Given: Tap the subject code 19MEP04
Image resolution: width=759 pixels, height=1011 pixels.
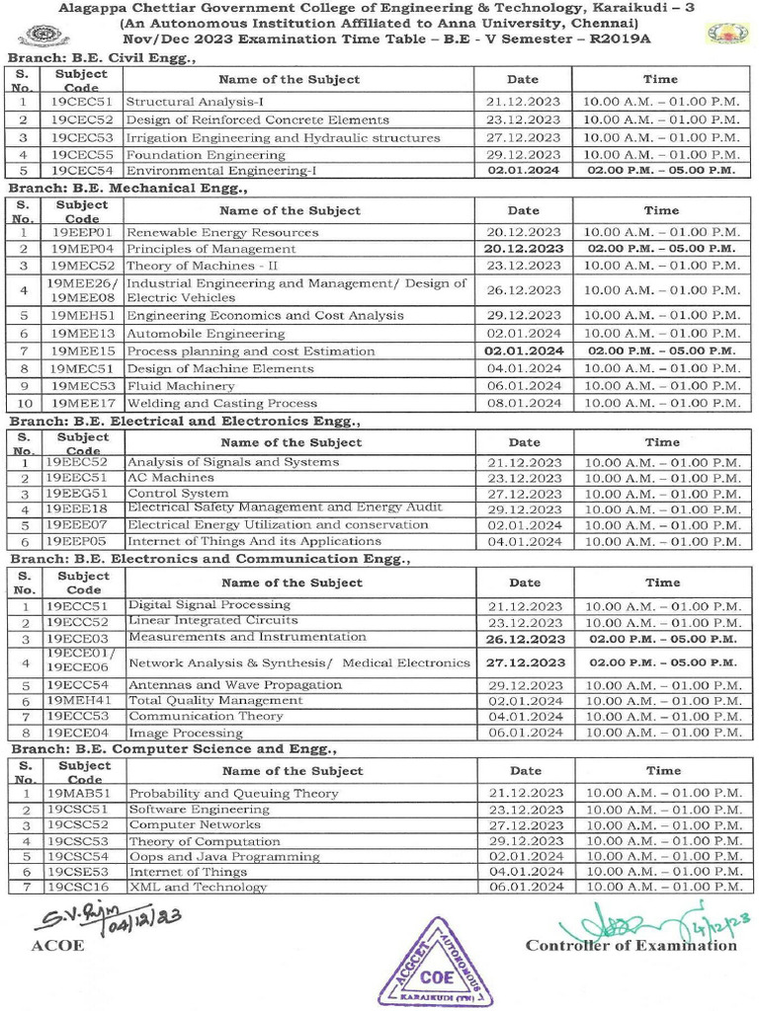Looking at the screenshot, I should tap(82, 249).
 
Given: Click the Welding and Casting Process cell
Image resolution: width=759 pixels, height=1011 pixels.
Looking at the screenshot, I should tap(222, 403).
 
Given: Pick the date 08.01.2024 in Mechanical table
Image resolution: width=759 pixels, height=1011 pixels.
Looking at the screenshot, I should tap(523, 403).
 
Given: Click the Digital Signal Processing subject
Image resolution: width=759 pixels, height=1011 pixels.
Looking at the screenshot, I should tap(209, 605).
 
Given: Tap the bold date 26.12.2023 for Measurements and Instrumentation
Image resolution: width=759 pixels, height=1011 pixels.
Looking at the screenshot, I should tap(525, 639).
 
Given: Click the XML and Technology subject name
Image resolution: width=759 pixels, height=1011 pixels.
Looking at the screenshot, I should tap(198, 888).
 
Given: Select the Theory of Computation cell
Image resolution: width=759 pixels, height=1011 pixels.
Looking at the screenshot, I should tap(205, 841).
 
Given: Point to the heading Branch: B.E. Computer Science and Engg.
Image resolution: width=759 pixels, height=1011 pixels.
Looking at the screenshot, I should tap(173, 750).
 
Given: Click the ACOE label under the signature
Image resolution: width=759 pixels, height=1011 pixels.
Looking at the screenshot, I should tap(58, 946).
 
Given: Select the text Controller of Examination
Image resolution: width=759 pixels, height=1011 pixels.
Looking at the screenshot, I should tap(631, 946).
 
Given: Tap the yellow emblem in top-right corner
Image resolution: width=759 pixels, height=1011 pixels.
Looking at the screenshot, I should tap(727, 34).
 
